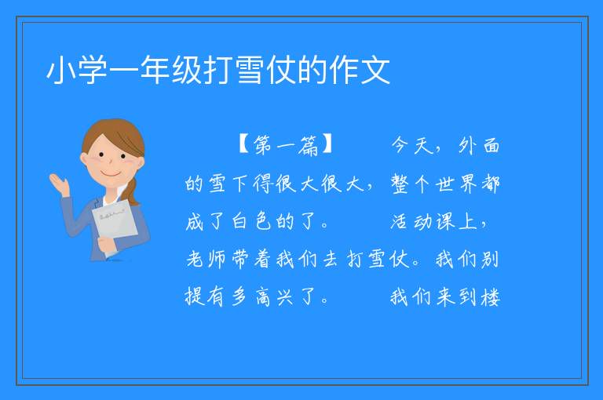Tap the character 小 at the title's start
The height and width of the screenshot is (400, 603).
[x=61, y=70]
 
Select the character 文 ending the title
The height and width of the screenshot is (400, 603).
[x=376, y=70]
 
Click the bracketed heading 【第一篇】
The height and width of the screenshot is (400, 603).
[x=286, y=145]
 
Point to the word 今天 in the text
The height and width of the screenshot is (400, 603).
[x=412, y=145]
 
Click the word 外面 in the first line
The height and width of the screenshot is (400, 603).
[x=479, y=145]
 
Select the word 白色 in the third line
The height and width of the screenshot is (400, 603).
[x=251, y=221]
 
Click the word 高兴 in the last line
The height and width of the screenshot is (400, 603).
[x=274, y=297]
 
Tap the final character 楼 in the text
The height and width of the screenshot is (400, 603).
[x=490, y=297]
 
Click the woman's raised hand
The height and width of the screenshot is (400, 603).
[x=59, y=184]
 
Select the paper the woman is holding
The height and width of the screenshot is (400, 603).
[x=115, y=225]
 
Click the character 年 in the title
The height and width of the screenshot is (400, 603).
[x=155, y=70]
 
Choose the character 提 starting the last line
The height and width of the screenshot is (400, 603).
[x=195, y=297]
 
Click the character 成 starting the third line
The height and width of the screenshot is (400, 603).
[x=195, y=221]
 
